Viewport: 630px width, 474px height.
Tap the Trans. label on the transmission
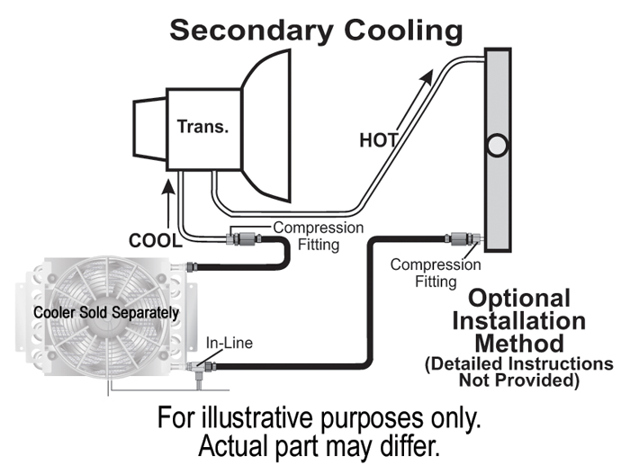[202, 127]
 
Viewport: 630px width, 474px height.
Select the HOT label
[378, 140]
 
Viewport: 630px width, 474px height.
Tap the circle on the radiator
[496, 144]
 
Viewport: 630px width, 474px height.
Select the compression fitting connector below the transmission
[244, 239]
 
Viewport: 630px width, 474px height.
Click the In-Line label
[229, 343]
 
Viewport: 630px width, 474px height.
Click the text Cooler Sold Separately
[105, 312]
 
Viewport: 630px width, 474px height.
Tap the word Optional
[519, 299]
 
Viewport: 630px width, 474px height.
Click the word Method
[519, 344]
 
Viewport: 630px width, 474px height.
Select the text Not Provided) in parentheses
[519, 380]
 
